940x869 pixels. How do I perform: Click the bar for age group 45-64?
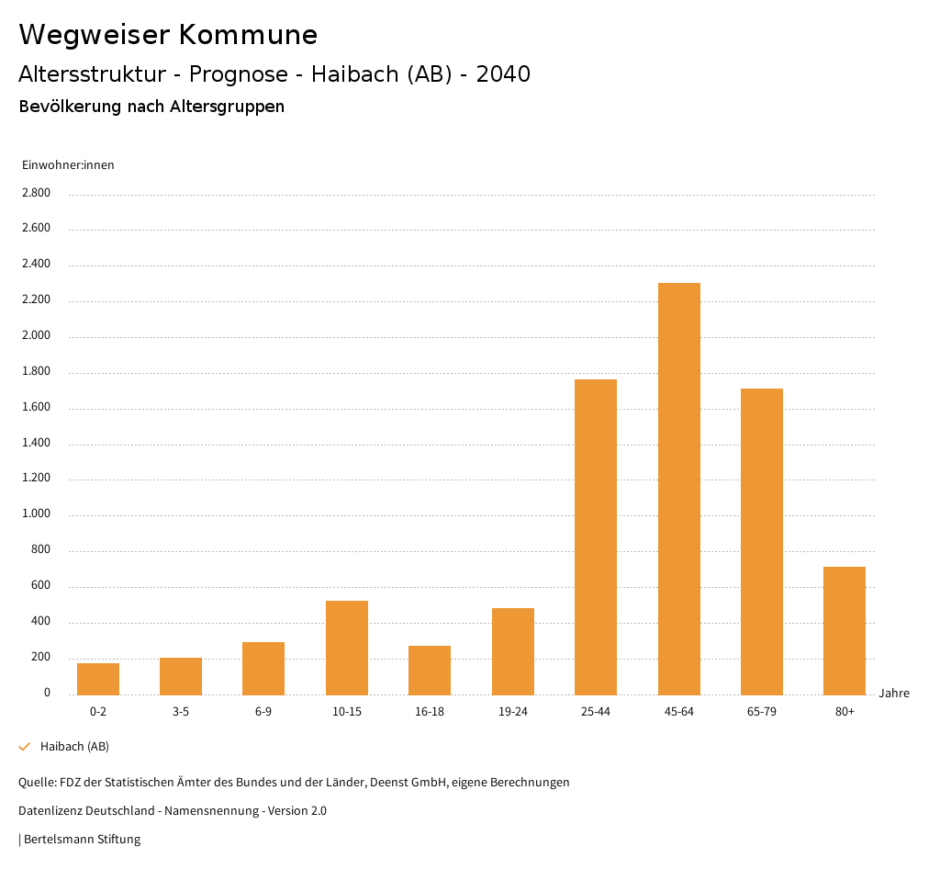(x=678, y=489)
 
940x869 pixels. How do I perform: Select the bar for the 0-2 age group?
(x=98, y=679)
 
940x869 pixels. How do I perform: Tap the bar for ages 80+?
(x=845, y=630)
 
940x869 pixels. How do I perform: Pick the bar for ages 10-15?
(x=347, y=648)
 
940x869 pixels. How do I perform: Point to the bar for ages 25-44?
(x=596, y=536)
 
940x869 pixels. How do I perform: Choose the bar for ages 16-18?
(x=430, y=670)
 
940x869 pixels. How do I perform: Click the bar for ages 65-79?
(x=762, y=541)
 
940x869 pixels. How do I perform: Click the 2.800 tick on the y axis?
(x=38, y=193)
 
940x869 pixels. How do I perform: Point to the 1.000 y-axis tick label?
(x=38, y=514)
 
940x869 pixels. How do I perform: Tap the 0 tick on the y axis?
(x=47, y=693)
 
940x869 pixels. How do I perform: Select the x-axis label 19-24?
(x=512, y=712)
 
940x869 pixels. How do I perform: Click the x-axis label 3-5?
(x=181, y=712)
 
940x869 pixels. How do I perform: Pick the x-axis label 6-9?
(x=263, y=712)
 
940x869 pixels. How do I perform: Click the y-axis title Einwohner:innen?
(x=68, y=165)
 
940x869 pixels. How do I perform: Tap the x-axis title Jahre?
(x=894, y=694)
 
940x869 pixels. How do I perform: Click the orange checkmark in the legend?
(x=25, y=747)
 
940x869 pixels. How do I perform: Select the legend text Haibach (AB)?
(x=74, y=747)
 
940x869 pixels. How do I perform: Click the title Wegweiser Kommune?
(x=168, y=35)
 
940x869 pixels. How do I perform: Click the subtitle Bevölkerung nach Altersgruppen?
(x=151, y=107)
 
